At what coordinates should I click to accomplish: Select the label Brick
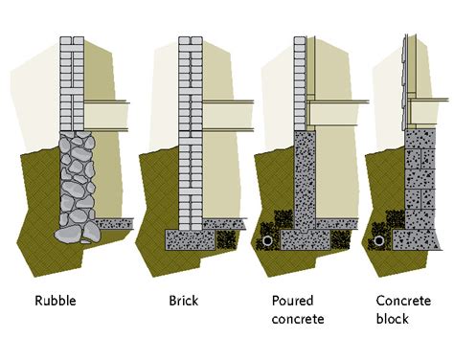[x=183, y=301]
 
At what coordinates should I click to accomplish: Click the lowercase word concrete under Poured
[x=297, y=317]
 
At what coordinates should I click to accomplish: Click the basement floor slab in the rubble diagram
[x=113, y=222]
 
